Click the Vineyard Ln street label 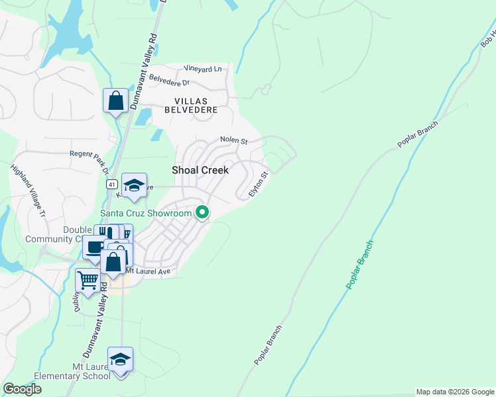tap(202, 69)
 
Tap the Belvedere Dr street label tap(169, 82)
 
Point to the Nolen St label tap(233, 141)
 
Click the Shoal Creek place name tap(200, 170)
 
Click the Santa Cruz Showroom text tap(146, 213)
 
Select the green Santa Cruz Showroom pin tap(203, 213)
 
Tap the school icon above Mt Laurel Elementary tap(120, 360)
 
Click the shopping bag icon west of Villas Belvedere tap(115, 101)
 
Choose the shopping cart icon tap(88, 281)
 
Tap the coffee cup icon tap(93, 248)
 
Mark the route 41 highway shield tap(111, 183)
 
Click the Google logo tap(22, 389)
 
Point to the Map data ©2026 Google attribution tap(456, 392)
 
